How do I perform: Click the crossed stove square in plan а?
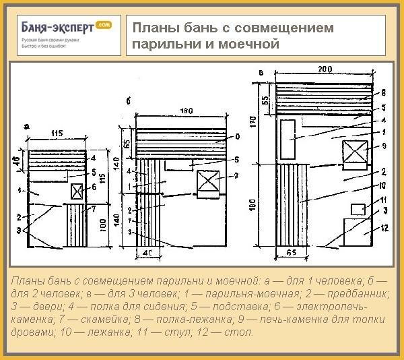coord(75,191)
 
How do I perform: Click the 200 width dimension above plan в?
coord(326,69)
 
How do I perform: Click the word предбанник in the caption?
coord(350,294)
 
